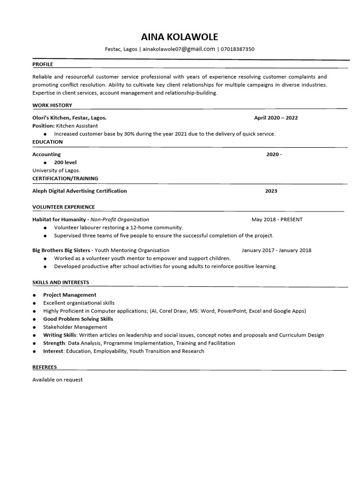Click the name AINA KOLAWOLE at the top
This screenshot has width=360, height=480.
pos(180,37)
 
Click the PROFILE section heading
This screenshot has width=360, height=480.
pos(43,64)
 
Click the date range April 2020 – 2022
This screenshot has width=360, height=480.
pos(276,118)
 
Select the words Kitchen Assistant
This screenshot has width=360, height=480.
pos(77,126)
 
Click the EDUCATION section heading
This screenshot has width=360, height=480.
pos(47,142)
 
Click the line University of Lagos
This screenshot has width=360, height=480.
pos(56,170)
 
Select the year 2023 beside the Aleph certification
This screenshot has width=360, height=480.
pos(271,191)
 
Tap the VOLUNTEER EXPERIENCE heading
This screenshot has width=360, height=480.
pos(63,207)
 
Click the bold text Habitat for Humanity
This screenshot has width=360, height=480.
pos(59,219)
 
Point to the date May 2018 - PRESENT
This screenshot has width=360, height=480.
pos(277,219)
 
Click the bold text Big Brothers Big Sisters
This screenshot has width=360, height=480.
pos(61,250)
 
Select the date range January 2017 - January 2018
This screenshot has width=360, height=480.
pos(276,250)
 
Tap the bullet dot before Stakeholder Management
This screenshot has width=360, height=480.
pos(35,327)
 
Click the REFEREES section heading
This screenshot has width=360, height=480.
pos(44,367)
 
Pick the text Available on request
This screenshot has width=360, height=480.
pos(57,380)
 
